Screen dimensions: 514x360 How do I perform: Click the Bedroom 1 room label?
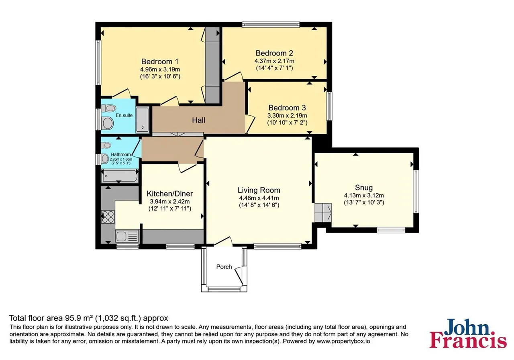click(x=160, y=61)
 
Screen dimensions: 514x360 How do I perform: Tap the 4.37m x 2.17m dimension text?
click(x=274, y=61)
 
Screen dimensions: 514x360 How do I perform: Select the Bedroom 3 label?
click(x=287, y=108)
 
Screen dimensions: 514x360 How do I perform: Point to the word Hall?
click(x=198, y=120)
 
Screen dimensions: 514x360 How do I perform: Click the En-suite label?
click(x=124, y=115)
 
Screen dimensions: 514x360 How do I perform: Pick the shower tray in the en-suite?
click(x=143, y=119)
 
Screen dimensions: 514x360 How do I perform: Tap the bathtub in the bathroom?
click(x=120, y=176)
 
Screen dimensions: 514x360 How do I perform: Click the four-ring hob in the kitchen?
click(x=108, y=217)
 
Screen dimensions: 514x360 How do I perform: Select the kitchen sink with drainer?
click(x=127, y=236)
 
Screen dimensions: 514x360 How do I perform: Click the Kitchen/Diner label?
click(x=169, y=194)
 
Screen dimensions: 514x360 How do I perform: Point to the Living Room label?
click(x=259, y=190)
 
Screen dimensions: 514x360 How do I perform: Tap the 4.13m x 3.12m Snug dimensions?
click(x=364, y=195)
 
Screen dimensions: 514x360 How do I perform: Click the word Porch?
click(x=224, y=267)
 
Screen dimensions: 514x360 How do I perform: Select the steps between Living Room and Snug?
click(x=323, y=213)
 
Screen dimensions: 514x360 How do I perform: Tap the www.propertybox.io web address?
click(x=343, y=341)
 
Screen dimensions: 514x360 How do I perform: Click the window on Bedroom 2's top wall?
click(x=271, y=25)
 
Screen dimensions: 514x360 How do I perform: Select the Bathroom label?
click(x=121, y=155)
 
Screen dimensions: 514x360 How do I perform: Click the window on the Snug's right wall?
click(x=416, y=192)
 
